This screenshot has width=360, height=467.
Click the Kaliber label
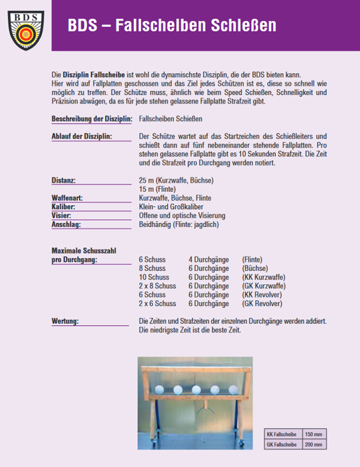(66, 207)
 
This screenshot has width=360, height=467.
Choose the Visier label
(64, 216)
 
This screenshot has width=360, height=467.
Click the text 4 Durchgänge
(208, 260)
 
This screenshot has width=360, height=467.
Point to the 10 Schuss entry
(154, 278)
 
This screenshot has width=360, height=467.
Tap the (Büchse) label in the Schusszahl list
(255, 269)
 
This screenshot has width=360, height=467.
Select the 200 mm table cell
(314, 444)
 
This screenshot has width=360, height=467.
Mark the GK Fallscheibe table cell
(282, 444)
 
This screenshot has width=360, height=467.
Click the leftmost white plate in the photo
(159, 390)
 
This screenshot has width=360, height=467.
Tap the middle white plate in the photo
(196, 390)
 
